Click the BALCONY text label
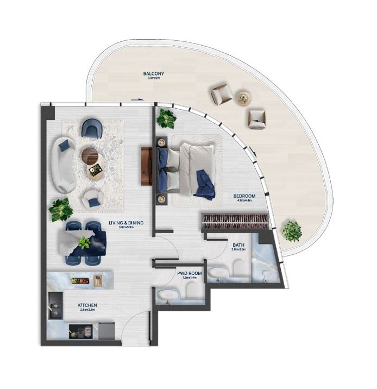coord(154,73)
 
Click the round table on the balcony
coord(243,98)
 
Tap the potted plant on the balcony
coord(292,231)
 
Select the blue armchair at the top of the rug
coord(91,129)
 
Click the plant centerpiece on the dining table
coord(84,242)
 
